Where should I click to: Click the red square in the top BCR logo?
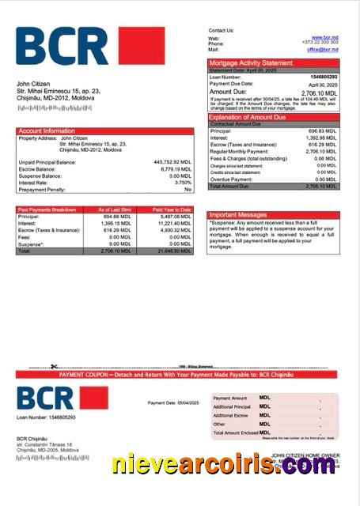141,46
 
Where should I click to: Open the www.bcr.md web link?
325,37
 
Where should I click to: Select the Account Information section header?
47,130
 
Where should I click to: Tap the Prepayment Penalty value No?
188,190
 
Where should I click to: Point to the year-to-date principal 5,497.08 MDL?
175,217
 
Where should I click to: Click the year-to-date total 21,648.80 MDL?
174,251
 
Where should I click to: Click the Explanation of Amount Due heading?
252,117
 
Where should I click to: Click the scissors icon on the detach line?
55,366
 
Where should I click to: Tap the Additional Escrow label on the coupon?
230,415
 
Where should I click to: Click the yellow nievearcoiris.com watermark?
223,464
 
